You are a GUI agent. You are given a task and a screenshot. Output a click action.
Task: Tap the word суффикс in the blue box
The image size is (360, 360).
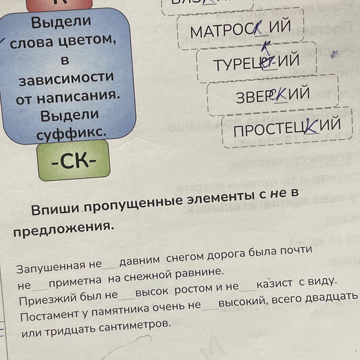click(x=71, y=133)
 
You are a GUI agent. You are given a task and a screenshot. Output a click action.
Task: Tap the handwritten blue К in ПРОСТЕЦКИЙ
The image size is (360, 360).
click(x=311, y=126)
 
